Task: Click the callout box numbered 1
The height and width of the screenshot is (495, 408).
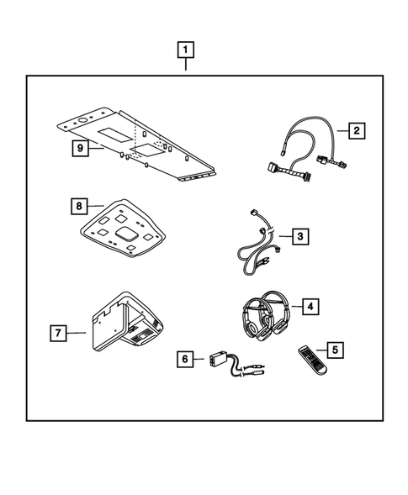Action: click(x=185, y=50)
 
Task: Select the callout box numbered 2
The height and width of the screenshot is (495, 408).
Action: click(x=357, y=130)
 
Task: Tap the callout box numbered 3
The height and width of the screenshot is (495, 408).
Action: click(x=300, y=237)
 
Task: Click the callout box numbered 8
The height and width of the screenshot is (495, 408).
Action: click(x=77, y=204)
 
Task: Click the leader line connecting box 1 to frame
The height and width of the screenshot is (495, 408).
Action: click(x=185, y=67)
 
